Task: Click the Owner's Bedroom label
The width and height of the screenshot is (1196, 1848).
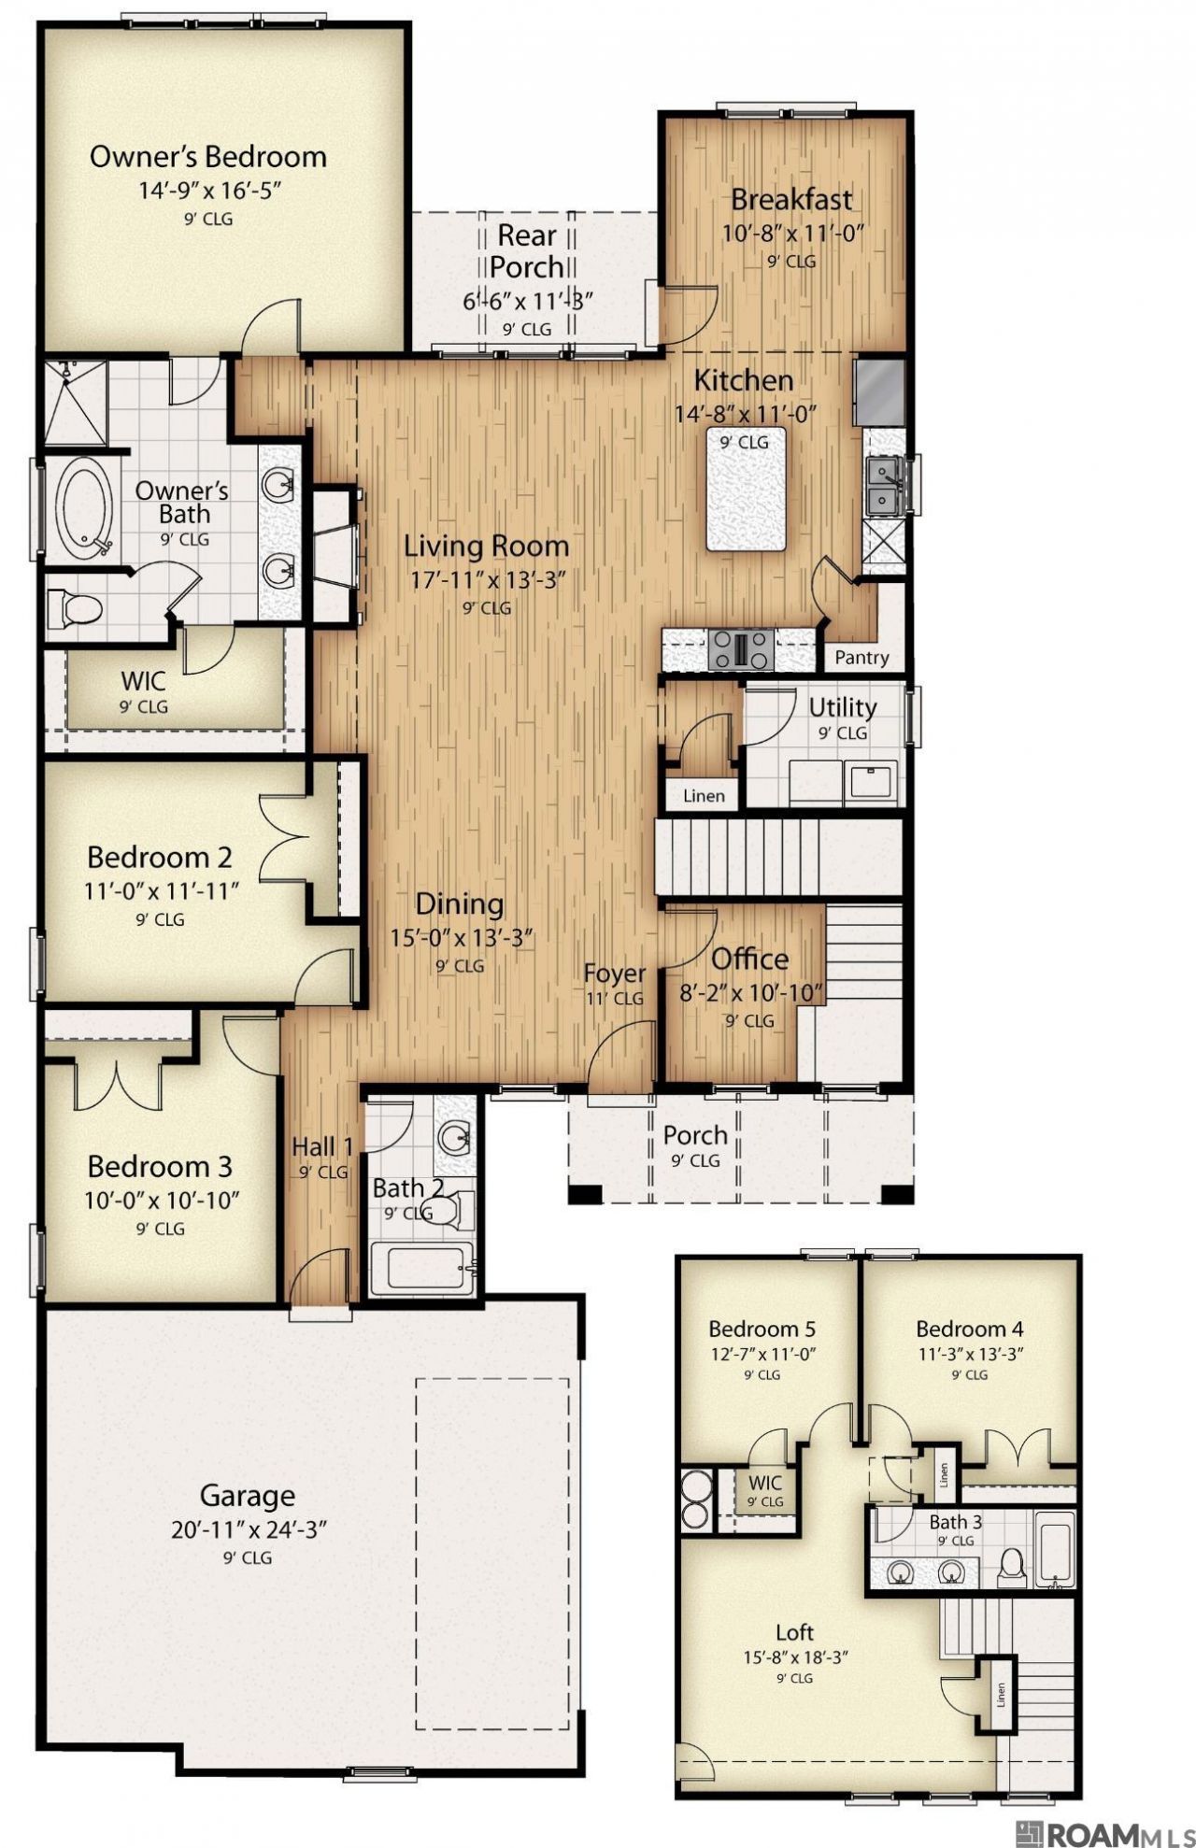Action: pos(208,156)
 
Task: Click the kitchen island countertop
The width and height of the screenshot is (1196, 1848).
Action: pos(746,490)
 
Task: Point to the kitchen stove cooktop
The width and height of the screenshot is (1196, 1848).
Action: pos(741,649)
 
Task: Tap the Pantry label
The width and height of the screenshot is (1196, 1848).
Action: pos(861,658)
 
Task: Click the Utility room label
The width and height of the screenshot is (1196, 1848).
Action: pos(843,707)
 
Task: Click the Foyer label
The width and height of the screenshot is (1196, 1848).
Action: pos(615,974)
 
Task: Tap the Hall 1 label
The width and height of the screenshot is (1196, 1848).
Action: pos(322,1146)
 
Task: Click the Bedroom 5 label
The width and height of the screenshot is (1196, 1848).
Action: pos(762,1329)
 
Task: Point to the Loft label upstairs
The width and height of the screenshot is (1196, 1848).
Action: pos(795,1632)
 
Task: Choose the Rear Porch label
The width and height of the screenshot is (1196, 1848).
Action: pos(528,250)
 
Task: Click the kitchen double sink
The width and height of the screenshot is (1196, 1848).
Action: pos(880,488)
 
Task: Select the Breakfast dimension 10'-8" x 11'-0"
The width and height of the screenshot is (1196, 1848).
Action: pos(791,233)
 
